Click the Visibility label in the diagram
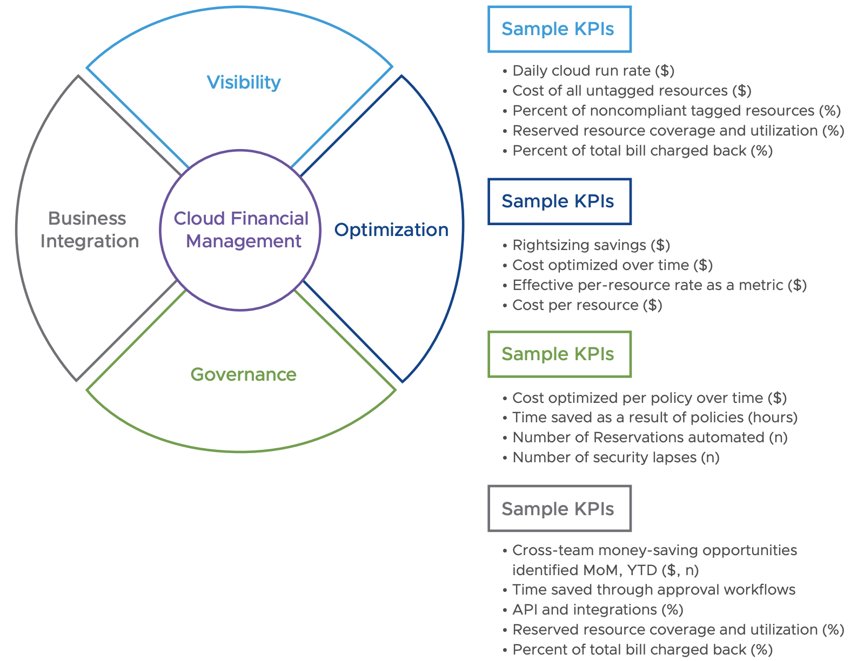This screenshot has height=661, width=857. [244, 82]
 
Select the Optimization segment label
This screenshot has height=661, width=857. [391, 230]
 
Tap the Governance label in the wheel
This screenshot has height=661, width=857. [243, 374]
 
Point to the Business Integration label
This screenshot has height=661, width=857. [89, 230]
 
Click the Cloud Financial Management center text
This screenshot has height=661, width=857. [241, 230]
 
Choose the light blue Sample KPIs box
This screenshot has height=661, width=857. [559, 29]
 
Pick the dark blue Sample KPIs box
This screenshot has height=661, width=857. [559, 201]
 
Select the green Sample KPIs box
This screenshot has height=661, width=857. [559, 354]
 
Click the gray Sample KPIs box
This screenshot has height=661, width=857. [559, 509]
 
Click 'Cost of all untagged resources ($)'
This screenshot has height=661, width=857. [631, 91]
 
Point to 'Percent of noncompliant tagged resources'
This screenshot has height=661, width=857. [676, 111]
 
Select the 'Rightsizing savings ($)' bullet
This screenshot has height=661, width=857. [591, 245]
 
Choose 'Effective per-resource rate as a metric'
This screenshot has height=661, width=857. [659, 285]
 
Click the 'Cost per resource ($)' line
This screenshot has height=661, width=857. [587, 305]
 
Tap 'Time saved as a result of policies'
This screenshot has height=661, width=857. [654, 417]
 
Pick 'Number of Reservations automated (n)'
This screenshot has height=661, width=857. [650, 437]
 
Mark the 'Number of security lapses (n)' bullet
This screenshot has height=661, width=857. [615, 457]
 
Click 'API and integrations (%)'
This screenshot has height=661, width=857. [598, 610]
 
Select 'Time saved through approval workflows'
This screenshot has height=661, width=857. [653, 590]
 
